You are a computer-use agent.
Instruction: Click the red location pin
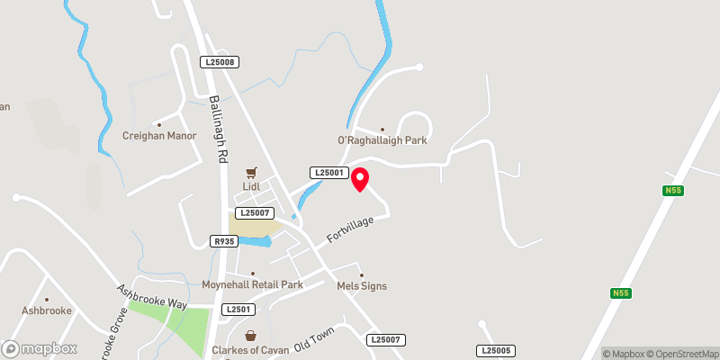click(360, 179)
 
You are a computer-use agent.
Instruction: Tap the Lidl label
click(250, 186)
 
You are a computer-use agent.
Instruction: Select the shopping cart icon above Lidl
click(250, 172)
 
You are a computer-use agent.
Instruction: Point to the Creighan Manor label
click(159, 136)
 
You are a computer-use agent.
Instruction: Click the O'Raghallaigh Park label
click(382, 140)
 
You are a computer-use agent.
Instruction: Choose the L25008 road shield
click(220, 62)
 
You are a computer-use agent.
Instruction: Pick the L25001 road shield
click(328, 172)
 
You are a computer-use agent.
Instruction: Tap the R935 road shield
click(223, 241)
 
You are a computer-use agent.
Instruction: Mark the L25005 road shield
click(496, 350)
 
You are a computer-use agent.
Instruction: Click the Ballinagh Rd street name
click(218, 130)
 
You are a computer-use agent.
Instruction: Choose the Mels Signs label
click(361, 286)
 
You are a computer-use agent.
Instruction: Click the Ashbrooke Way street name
click(151, 297)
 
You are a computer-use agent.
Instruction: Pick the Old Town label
click(314, 343)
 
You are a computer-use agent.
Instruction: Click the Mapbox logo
click(39, 348)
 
